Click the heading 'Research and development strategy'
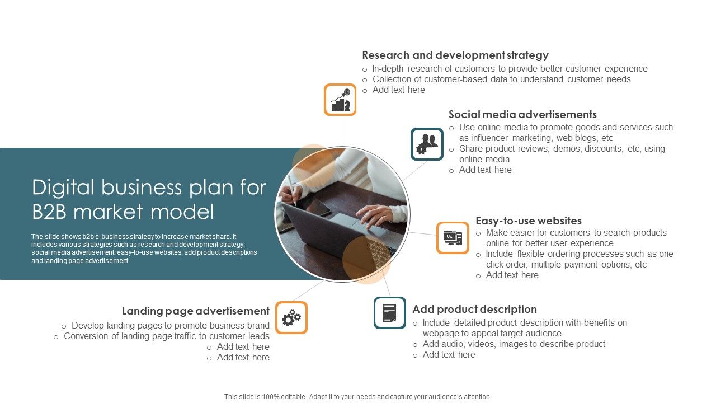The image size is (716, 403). pyautogui.click(x=455, y=55)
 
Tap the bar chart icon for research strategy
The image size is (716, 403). pyautogui.click(x=340, y=100)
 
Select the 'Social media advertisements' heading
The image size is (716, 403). pyautogui.click(x=522, y=115)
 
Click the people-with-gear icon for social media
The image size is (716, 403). pyautogui.click(x=427, y=144)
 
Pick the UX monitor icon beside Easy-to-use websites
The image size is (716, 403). pyautogui.click(x=453, y=237)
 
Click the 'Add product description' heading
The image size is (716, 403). pyautogui.click(x=474, y=310)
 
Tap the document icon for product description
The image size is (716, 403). pyautogui.click(x=390, y=313)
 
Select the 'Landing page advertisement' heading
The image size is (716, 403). pyautogui.click(x=196, y=311)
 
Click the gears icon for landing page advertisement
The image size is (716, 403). pyautogui.click(x=291, y=318)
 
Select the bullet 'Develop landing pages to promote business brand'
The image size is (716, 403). pyautogui.click(x=171, y=326)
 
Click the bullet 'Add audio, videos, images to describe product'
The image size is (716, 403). pyautogui.click(x=514, y=344)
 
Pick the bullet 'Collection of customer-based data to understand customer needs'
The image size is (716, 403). pyautogui.click(x=501, y=79)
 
